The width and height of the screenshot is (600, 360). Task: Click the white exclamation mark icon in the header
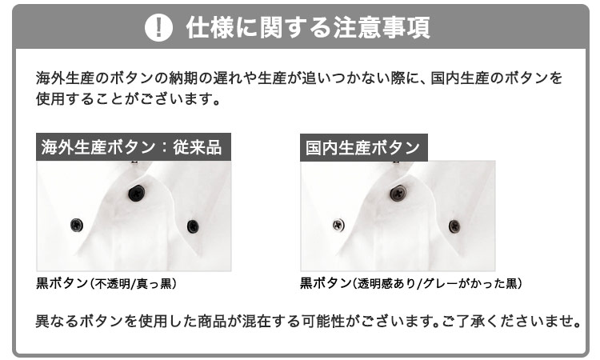click(x=159, y=27)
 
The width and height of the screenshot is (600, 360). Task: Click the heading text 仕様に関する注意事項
click(x=308, y=27)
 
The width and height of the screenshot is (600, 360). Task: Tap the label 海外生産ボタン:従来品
click(x=131, y=147)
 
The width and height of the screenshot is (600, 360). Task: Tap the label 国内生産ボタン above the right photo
click(x=362, y=148)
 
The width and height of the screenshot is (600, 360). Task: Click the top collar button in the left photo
click(x=137, y=193)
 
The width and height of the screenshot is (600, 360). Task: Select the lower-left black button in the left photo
click(x=77, y=225)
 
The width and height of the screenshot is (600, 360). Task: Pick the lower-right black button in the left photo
click(x=193, y=226)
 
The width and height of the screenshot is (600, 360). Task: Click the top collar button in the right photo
click(x=398, y=193)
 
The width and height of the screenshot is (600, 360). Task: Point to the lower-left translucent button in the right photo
click(x=338, y=225)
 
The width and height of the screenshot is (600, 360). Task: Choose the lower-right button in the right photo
click(x=454, y=226)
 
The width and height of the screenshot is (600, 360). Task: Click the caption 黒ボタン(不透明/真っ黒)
click(x=106, y=283)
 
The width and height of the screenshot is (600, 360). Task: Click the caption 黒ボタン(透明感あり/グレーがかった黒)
click(x=411, y=283)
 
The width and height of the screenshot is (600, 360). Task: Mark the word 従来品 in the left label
click(x=198, y=147)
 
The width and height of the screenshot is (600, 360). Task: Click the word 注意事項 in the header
click(x=382, y=27)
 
